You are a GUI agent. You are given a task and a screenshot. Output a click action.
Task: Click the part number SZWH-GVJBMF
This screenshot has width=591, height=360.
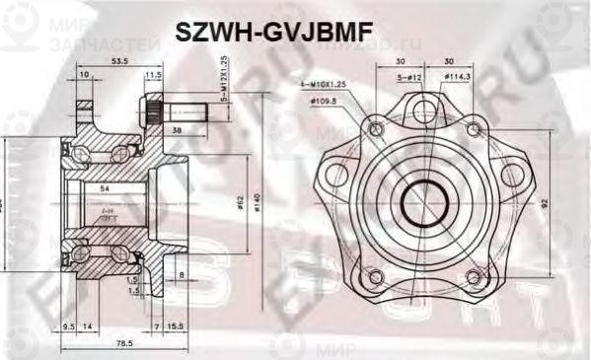pyautogui.click(x=273, y=32)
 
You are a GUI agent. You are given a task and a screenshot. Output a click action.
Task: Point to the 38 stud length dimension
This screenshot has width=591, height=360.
pyautogui.click(x=176, y=129)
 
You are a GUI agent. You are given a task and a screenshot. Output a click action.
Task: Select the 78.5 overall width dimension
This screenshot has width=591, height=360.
pyautogui.click(x=122, y=345)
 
